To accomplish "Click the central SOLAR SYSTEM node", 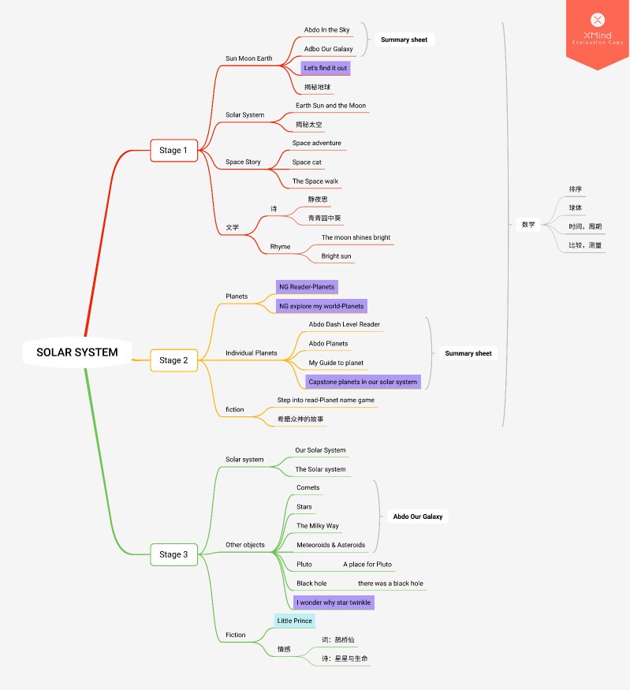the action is [x=77, y=352].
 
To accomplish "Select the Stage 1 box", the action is [x=173, y=151].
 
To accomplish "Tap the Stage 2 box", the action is [x=173, y=360].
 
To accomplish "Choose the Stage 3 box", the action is [x=173, y=554].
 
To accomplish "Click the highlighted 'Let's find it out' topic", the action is [x=325, y=68].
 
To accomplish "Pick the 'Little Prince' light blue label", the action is [x=294, y=621].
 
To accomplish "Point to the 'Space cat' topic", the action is [x=307, y=162].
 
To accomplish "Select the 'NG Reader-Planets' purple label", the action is [x=307, y=287].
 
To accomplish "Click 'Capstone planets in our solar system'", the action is [x=363, y=382].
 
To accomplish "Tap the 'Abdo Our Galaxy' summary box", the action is [x=418, y=517].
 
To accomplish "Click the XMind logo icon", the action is [x=598, y=20].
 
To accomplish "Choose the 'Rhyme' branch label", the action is [x=280, y=247].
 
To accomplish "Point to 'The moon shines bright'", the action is [x=356, y=237].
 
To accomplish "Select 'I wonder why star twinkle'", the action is [x=334, y=602].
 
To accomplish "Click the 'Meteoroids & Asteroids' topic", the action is [x=331, y=545].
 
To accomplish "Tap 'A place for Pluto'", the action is [x=367, y=565].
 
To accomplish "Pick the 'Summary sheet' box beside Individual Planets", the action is [x=468, y=353].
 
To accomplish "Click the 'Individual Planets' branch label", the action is [x=252, y=353].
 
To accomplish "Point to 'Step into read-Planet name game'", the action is [x=326, y=401].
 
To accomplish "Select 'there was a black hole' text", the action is [x=390, y=584].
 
